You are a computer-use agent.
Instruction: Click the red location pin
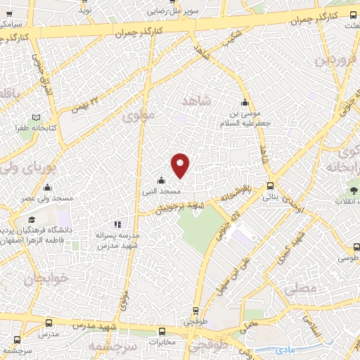click(181, 165)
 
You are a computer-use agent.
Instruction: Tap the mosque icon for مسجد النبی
click(162, 179)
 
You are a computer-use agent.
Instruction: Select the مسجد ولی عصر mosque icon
click(47, 187)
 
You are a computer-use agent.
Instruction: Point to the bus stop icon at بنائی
click(271, 186)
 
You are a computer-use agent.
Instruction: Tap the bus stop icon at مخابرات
click(162, 331)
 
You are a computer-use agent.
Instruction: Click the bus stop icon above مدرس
click(48, 323)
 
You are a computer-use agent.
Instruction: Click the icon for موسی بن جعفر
click(245, 100)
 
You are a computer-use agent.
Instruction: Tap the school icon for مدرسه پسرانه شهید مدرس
click(117, 225)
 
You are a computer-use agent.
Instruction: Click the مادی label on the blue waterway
click(285, 349)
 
